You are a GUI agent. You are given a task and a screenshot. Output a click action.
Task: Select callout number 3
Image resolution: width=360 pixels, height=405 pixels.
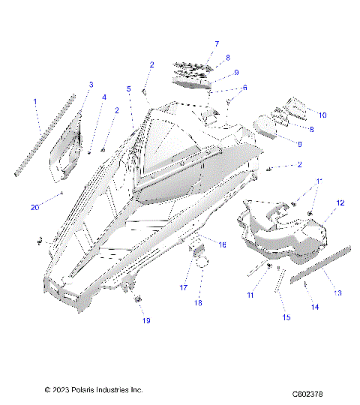point(91,84)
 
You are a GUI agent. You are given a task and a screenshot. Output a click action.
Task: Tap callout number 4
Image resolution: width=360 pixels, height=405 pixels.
point(104,97)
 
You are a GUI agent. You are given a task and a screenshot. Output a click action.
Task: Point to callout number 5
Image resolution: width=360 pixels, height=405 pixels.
point(129,89)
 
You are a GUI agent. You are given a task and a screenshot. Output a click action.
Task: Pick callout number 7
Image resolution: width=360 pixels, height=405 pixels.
point(217,43)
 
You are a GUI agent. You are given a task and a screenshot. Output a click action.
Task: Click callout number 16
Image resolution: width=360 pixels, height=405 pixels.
point(222,244)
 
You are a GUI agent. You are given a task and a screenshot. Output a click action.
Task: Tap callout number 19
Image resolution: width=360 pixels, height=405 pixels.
point(146,320)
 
